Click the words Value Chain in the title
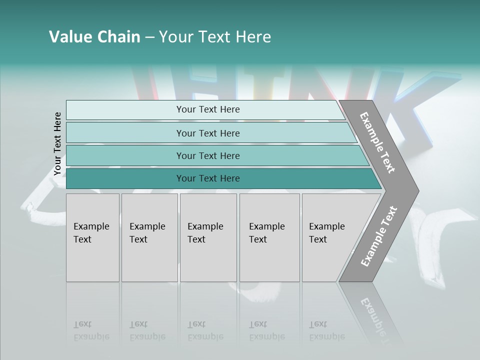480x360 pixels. click(94, 37)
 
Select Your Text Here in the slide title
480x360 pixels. click(215, 37)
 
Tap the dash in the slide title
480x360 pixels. click(149, 37)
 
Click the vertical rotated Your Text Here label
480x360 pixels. click(57, 144)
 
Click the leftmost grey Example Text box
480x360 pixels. click(92, 237)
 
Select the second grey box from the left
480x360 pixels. click(149, 237)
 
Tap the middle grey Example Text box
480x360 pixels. click(208, 237)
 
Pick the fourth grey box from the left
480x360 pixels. click(269, 237)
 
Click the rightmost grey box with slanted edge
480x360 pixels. click(330, 237)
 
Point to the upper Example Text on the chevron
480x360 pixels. click(377, 142)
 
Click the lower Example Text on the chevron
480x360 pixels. click(379, 236)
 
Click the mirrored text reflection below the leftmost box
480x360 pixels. click(91, 330)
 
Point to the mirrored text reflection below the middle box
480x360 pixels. click(205, 330)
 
